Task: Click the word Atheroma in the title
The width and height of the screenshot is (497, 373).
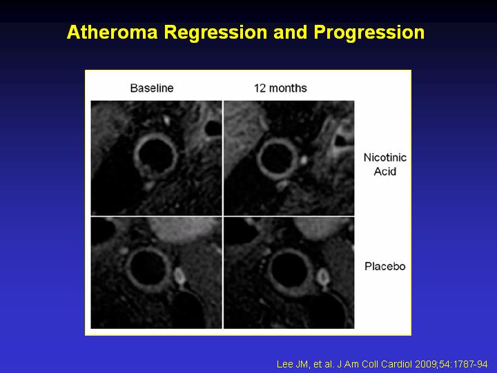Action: (x=113, y=32)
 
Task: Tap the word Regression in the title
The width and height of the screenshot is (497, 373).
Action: (x=215, y=33)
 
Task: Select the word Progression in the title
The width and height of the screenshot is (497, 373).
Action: (x=369, y=33)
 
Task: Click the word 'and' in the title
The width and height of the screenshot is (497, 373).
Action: (x=291, y=32)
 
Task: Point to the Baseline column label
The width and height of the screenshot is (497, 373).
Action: (x=152, y=88)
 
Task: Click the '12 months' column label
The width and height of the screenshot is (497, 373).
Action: (x=280, y=88)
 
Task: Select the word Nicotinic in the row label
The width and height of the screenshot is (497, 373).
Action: (x=384, y=157)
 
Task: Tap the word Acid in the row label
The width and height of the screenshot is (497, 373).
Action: (x=384, y=171)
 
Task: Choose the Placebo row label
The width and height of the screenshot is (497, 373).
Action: (x=384, y=266)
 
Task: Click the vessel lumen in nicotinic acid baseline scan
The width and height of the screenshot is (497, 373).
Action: (x=156, y=156)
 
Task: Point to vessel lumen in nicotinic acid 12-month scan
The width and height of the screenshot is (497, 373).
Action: (x=277, y=158)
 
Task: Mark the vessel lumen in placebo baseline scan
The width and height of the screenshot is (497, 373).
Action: (x=148, y=269)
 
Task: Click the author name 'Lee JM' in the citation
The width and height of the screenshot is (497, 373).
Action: (x=292, y=364)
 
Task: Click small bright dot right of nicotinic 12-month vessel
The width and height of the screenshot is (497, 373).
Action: (x=303, y=160)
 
